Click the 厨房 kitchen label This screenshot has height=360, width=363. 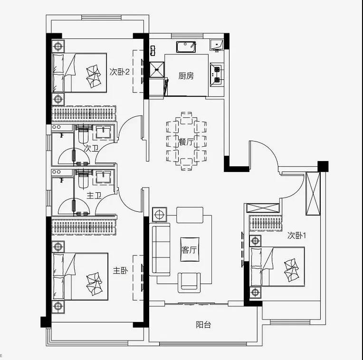tap(186, 76)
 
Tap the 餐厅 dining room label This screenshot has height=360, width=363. tap(186, 142)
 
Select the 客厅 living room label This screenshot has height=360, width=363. tap(189, 250)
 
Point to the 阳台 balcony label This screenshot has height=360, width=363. tap(203, 324)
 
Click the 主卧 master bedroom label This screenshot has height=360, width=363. tap(120, 270)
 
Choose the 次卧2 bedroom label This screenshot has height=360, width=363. tap(119, 72)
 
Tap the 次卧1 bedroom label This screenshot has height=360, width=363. tap(297, 236)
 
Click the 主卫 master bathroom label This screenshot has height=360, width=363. tap(94, 196)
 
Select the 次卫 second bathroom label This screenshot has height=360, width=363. tap(91, 148)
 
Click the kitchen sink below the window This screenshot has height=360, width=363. tap(186, 47)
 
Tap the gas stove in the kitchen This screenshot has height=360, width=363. tap(217, 75)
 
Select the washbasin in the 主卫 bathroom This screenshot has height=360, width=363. tap(103, 178)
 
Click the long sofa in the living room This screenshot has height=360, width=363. tap(160, 249)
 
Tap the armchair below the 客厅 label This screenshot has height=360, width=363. tap(189, 282)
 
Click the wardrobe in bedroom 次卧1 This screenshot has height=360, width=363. tap(266, 223)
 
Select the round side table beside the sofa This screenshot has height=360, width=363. tap(160, 215)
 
